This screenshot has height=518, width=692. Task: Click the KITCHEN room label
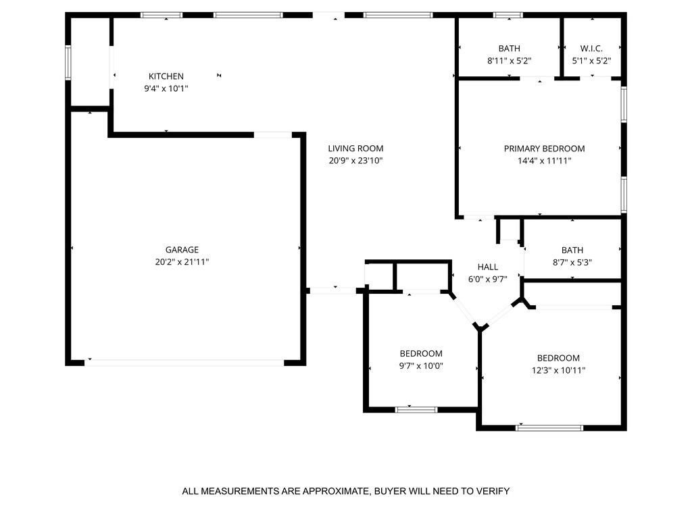166,76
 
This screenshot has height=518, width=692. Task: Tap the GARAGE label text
182,250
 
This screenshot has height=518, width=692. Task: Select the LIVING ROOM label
355,149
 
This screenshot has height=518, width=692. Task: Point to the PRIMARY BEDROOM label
544,149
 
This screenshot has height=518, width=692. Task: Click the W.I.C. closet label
591,49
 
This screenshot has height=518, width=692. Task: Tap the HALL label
488,267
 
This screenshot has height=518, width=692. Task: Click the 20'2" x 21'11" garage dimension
182,261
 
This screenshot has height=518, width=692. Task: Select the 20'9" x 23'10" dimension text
355,161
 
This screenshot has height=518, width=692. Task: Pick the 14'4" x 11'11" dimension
544,161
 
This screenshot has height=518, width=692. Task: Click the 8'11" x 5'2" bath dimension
509,61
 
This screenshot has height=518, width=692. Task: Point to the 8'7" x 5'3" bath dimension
572,263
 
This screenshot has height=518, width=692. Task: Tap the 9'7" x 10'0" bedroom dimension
421,366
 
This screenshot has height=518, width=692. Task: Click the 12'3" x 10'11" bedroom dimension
558,370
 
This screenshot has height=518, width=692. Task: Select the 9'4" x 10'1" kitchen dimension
166,88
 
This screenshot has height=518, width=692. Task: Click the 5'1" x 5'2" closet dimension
591,61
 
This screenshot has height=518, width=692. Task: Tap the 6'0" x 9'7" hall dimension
488,279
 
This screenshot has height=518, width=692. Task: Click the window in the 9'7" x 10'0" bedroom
416,410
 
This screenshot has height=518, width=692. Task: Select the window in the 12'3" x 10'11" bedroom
549,428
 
